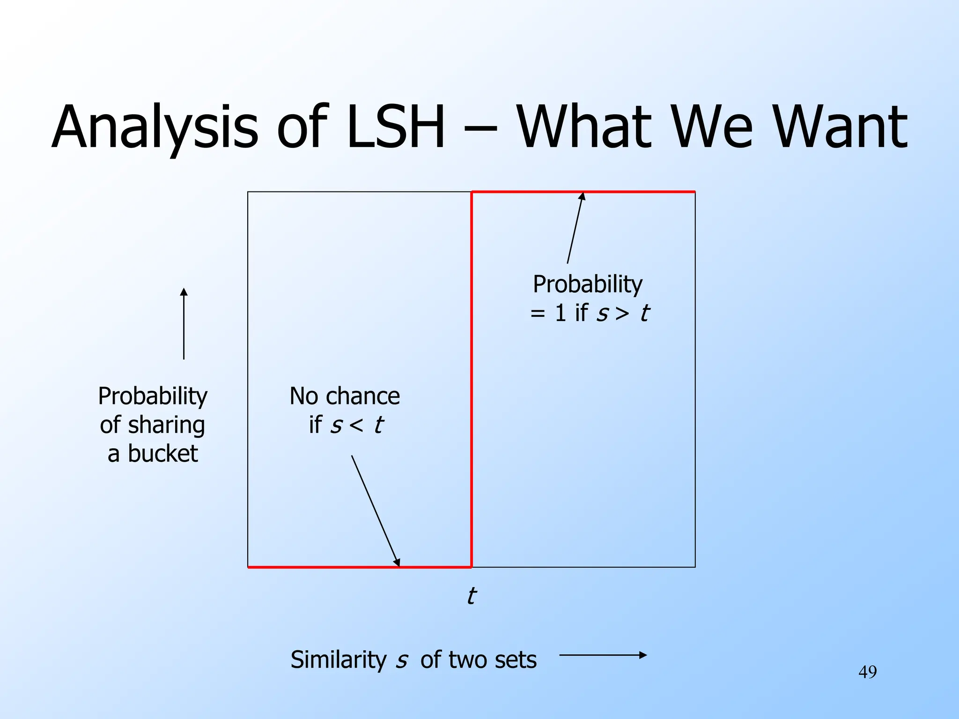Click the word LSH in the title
point(396,127)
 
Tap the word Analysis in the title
point(155,127)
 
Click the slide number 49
point(867,672)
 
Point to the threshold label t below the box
point(471,596)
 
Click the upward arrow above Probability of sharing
point(184,323)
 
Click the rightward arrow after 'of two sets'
point(603,655)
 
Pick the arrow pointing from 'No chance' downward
point(375,510)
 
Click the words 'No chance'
point(345,396)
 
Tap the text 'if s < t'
point(346,425)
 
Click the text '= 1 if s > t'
point(589,313)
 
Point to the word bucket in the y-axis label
point(162,454)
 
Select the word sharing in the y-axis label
point(166,425)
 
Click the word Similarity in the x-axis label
point(338,660)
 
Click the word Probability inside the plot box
point(588,284)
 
